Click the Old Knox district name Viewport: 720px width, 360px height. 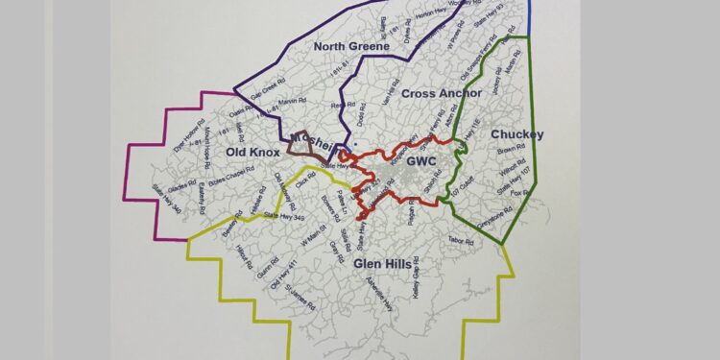(251, 152)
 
